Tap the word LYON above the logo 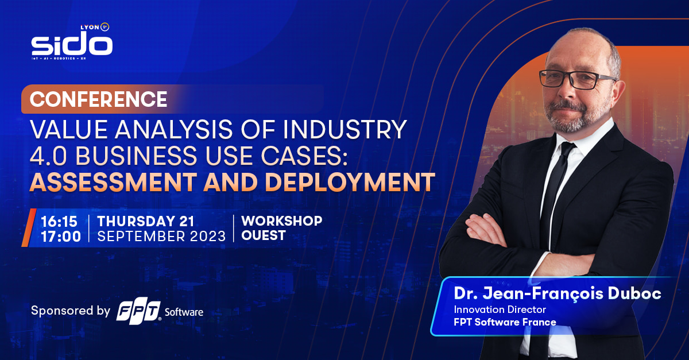(x=90, y=28)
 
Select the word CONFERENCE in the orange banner (x=98, y=99)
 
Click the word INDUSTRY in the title (x=345, y=129)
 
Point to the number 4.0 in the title (x=48, y=156)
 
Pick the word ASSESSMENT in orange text (x=113, y=182)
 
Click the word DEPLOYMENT (x=350, y=182)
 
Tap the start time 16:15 (x=59, y=222)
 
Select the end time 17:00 (x=61, y=237)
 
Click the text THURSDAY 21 (x=146, y=222)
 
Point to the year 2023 (x=208, y=237)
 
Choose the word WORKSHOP (x=282, y=220)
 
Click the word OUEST (x=264, y=235)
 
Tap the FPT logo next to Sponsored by (x=138, y=312)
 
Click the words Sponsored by (x=71, y=311)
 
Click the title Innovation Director (x=500, y=309)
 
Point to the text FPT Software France (x=505, y=322)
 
